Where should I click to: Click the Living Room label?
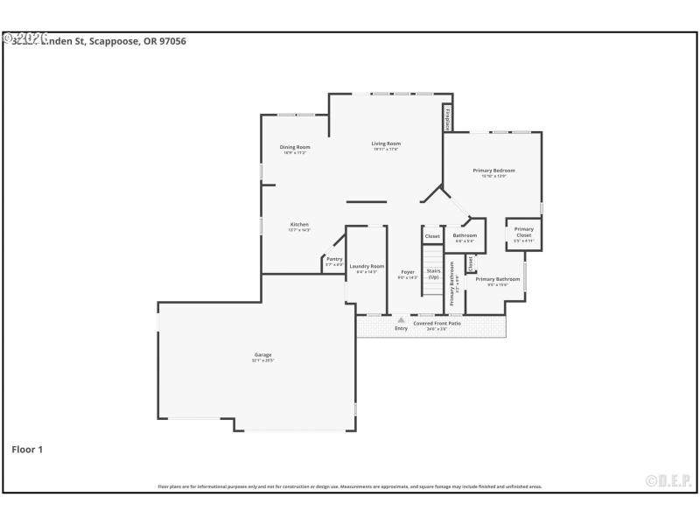386,143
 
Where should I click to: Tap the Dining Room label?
295,147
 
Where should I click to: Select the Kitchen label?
299,224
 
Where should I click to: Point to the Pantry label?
334,259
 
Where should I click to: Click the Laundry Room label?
367,266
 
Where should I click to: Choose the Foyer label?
408,272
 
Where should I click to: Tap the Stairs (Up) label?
433,274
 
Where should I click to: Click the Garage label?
262,354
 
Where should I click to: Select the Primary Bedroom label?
493,170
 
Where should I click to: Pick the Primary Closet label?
523,232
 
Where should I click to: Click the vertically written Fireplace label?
447,118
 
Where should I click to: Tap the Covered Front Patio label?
437,323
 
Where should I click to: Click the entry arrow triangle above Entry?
401,320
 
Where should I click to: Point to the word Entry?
401,328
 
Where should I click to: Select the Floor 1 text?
27,449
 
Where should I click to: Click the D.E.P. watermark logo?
668,480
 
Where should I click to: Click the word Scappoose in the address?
112,40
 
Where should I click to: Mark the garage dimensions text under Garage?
262,360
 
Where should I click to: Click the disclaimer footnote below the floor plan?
350,486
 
